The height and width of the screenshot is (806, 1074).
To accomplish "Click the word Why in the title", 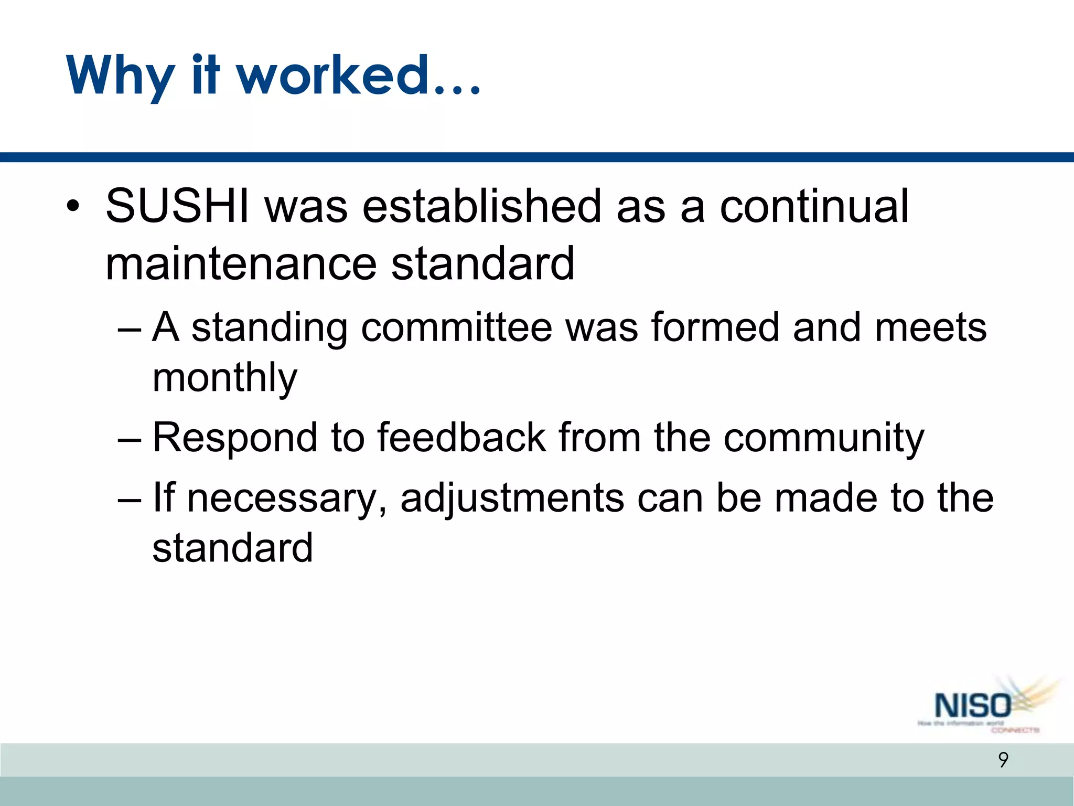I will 120,76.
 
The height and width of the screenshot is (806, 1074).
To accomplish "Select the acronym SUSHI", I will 177,206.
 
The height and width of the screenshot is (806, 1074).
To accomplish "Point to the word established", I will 481,206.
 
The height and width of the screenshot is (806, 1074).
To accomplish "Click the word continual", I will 814,206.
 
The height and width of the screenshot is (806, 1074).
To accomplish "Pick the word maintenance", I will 241,263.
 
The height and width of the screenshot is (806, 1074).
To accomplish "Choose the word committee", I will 456,327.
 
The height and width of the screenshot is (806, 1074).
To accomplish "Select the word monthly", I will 224,378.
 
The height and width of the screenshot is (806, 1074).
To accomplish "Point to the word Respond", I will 235,438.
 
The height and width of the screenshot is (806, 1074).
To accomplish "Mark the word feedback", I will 461,438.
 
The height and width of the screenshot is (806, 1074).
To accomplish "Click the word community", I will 823,438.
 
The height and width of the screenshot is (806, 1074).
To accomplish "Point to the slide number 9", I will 1003,760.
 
